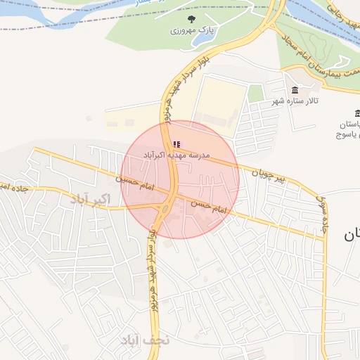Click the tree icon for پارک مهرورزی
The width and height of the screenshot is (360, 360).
192,19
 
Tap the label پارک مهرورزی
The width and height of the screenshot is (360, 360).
191,32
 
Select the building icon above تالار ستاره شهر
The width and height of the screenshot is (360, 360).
294,90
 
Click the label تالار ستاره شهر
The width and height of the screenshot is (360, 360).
296,102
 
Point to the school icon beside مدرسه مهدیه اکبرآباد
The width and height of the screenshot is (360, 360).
176,144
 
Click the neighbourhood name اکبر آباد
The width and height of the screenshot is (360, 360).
91,199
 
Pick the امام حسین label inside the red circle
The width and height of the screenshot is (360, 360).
212,206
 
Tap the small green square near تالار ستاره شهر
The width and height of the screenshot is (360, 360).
255,94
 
